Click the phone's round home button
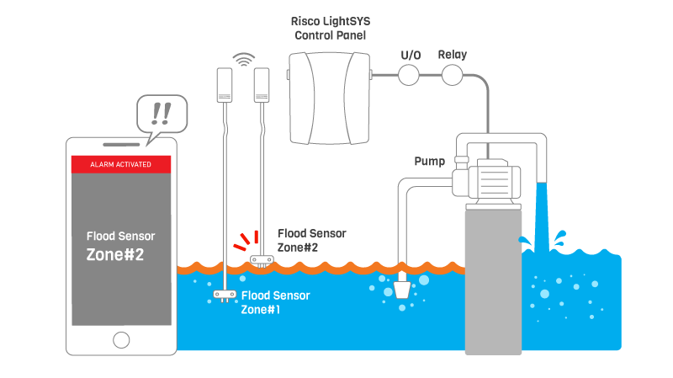(x=121, y=339)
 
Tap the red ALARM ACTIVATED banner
(x=121, y=164)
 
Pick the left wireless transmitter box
(x=225, y=84)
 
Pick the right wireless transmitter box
(x=262, y=84)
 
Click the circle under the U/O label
(x=410, y=76)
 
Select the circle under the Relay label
(x=453, y=76)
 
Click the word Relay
(x=453, y=55)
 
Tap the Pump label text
(x=429, y=160)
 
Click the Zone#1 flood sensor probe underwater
(x=225, y=295)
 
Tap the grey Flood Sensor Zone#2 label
(x=311, y=240)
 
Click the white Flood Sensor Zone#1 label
(x=275, y=302)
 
